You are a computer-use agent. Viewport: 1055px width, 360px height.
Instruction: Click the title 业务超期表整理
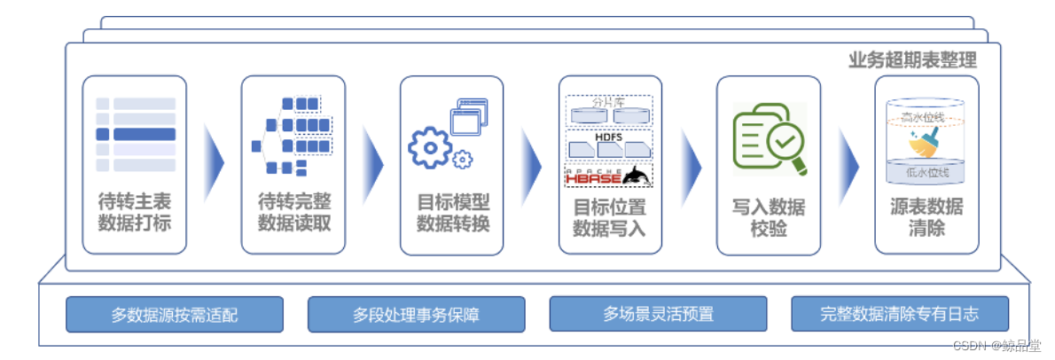pyautogui.click(x=912, y=60)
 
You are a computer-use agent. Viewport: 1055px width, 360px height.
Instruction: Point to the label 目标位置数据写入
pyautogui.click(x=610, y=218)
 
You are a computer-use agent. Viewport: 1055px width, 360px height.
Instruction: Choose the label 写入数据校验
pyautogui.click(x=769, y=218)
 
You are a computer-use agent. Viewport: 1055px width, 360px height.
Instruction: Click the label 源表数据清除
pyautogui.click(x=926, y=218)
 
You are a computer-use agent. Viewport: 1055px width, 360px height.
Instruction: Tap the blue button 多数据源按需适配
pyautogui.click(x=175, y=314)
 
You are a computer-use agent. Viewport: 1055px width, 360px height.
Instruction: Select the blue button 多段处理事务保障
pyautogui.click(x=417, y=314)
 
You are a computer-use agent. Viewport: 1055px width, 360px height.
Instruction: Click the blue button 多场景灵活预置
pyautogui.click(x=659, y=314)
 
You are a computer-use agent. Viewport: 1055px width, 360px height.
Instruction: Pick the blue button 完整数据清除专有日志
pyautogui.click(x=900, y=314)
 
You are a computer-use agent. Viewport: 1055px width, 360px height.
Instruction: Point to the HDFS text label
pyautogui.click(x=609, y=138)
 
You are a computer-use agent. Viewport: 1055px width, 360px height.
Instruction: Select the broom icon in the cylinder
pyautogui.click(x=926, y=141)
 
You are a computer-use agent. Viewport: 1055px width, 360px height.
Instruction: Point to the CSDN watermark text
pyautogui.click(x=996, y=345)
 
